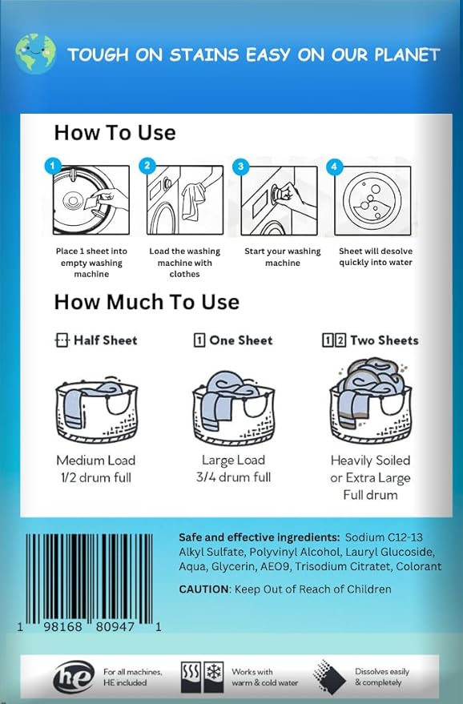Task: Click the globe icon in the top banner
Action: [35, 54]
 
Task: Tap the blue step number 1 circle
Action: [53, 167]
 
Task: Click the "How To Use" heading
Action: [115, 132]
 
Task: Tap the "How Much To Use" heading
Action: [147, 302]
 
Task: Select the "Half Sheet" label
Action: [96, 340]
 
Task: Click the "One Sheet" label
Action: [233, 340]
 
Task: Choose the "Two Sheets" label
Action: [370, 340]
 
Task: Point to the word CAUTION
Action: [203, 589]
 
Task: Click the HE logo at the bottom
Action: [74, 678]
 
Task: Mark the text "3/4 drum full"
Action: [233, 477]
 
